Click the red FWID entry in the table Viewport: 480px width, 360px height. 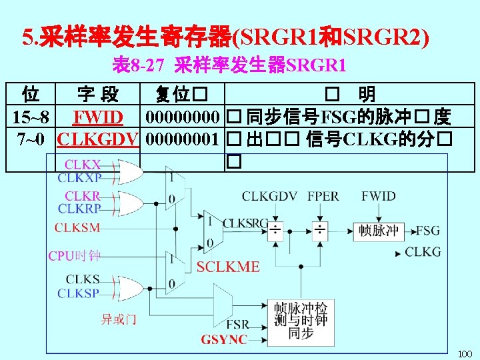tap(98, 119)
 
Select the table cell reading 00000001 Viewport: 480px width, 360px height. tap(182, 139)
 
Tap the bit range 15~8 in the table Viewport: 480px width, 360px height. tap(31, 119)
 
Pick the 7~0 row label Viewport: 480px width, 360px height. tap(31, 139)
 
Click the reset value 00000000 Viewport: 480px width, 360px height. tap(182, 119)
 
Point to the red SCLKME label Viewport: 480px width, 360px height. tap(228, 267)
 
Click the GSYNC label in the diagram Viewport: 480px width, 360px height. tap(224, 339)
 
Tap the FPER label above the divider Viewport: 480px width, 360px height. tap(323, 196)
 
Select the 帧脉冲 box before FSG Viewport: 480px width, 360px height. tap(379, 231)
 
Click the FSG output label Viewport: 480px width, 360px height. tap(428, 231)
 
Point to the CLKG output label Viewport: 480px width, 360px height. tap(423, 252)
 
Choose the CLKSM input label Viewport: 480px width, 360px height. tap(77, 228)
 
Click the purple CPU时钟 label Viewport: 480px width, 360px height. tap(74, 255)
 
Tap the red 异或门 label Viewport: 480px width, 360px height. tap(119, 319)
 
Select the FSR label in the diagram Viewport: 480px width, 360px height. tap(238, 324)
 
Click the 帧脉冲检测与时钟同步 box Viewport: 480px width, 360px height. tap(301, 321)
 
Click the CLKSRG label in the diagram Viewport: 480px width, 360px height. tap(245, 223)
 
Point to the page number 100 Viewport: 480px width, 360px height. tap(464, 353)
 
